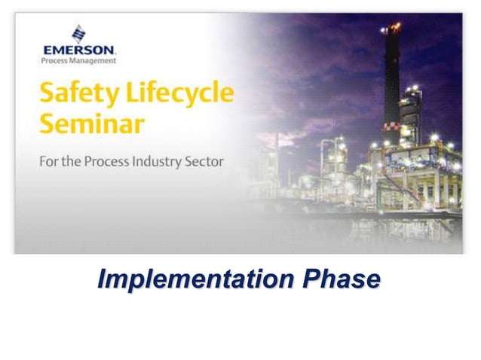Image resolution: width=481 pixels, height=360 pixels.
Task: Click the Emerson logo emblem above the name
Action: [79, 34]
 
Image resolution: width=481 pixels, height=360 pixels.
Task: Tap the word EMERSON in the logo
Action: [79, 50]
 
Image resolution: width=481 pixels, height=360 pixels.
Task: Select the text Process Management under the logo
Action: [79, 60]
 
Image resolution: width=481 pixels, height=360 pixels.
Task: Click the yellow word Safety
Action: [72, 96]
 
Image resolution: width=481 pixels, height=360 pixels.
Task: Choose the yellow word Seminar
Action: [81, 124]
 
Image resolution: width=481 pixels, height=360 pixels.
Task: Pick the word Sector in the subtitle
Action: [205, 162]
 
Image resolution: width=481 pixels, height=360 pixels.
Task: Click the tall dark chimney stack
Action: [391, 83]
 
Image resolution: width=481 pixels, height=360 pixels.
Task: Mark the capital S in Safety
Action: [47, 96]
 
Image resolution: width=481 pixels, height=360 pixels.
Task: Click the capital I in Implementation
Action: [103, 279]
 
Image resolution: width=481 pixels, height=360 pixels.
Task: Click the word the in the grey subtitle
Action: [75, 162]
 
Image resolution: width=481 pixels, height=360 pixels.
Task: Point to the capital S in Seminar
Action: [47, 124]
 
